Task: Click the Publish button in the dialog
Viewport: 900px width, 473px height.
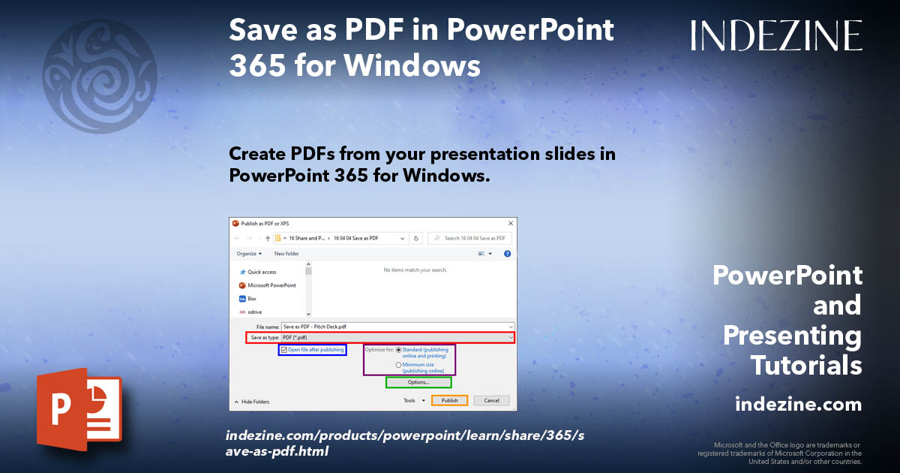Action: point(449,400)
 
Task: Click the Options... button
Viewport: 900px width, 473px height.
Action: point(418,382)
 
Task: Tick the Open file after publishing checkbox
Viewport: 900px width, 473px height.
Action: point(284,350)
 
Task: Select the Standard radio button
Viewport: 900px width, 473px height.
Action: point(398,350)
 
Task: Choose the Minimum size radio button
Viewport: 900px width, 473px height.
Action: point(398,365)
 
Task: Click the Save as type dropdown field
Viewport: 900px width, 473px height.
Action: point(397,338)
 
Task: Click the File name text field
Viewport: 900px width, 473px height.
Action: point(397,327)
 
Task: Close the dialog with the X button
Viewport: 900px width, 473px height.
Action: point(511,224)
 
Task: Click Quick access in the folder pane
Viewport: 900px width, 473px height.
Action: point(262,272)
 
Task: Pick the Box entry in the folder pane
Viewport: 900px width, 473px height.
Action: point(252,299)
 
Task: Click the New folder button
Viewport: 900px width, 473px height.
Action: point(286,254)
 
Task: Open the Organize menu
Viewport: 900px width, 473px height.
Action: point(249,254)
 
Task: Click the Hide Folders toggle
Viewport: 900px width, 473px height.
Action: point(252,402)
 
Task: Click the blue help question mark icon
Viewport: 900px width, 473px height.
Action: point(508,254)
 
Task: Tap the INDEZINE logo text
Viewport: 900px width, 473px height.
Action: point(776,35)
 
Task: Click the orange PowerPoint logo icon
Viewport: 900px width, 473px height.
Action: point(79,409)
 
